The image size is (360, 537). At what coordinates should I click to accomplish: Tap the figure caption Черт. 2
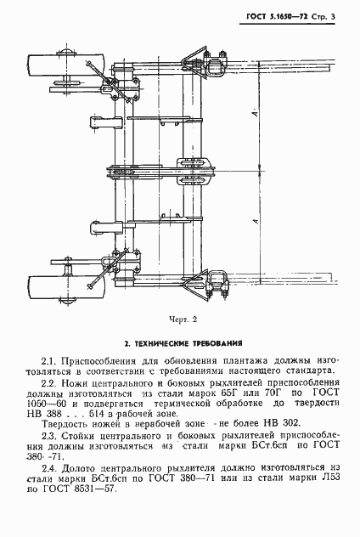tap(181, 319)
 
